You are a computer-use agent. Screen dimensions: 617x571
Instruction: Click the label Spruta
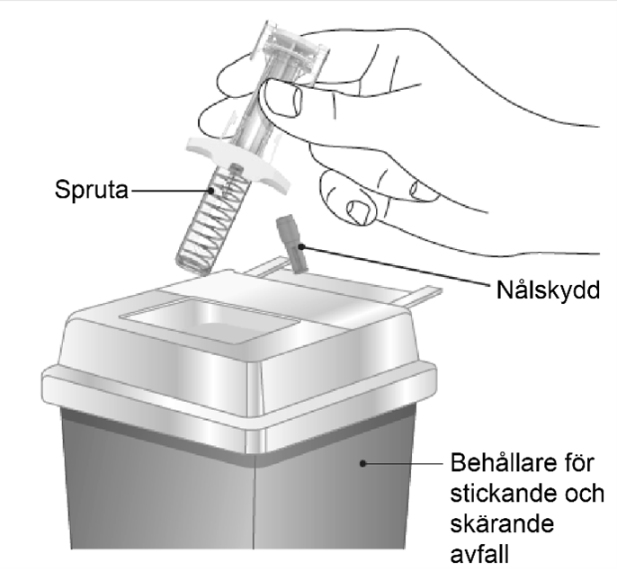tap(92, 191)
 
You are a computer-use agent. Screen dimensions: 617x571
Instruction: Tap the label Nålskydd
tap(548, 290)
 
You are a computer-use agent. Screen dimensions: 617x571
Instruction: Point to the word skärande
tap(502, 523)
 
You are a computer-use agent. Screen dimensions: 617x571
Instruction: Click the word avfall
tap(479, 554)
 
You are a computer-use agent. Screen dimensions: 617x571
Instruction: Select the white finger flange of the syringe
tap(237, 162)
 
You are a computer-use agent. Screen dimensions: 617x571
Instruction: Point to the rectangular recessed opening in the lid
tap(210, 321)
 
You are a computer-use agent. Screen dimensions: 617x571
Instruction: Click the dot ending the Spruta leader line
tap(211, 191)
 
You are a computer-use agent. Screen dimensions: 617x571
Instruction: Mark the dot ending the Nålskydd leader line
tap(301, 246)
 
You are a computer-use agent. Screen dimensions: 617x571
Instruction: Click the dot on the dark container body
tap(363, 464)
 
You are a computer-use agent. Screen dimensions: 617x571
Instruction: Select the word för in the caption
tap(579, 463)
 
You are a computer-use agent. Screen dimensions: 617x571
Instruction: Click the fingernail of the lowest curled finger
tap(359, 212)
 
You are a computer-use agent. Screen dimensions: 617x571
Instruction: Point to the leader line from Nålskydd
tap(397, 265)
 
